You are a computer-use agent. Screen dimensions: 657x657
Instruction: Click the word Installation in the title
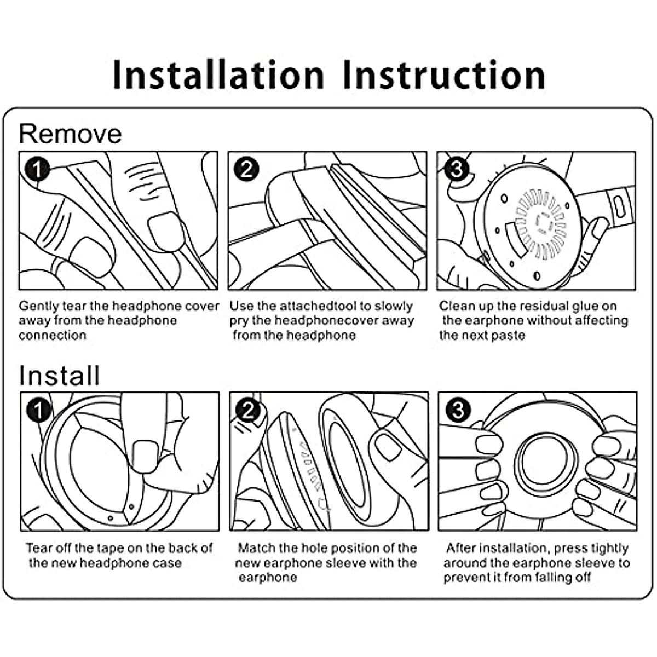click(218, 75)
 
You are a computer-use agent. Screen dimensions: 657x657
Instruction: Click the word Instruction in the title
click(444, 75)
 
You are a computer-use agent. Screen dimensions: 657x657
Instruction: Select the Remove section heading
click(70, 134)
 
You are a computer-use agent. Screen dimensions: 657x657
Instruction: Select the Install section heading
click(59, 376)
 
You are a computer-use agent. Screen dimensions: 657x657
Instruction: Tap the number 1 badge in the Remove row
click(37, 169)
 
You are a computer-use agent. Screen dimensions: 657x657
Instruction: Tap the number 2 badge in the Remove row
click(246, 169)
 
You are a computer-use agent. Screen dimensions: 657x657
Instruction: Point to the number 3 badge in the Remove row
click(457, 169)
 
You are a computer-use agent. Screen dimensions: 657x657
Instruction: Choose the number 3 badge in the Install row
click(458, 410)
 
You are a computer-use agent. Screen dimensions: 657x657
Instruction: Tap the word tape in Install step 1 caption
click(111, 548)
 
